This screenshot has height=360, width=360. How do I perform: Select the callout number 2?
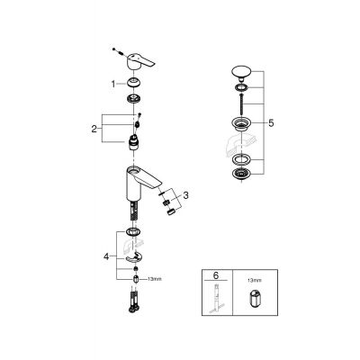(94, 129)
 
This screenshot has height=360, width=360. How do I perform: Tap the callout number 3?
(186, 195)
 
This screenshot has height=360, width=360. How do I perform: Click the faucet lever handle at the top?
(139, 60)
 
